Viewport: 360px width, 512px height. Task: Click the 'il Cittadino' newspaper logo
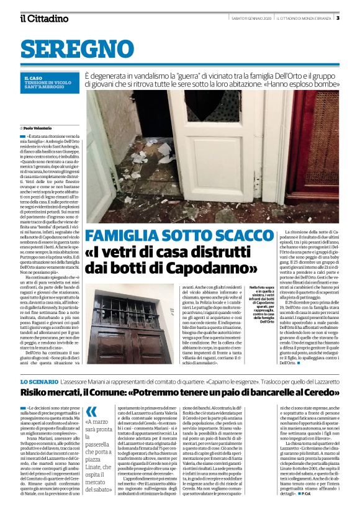43,19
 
